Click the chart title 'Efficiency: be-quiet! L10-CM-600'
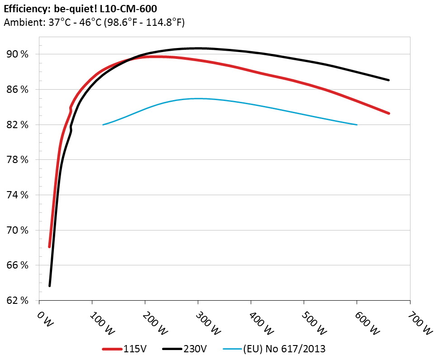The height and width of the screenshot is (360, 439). (x=81, y=8)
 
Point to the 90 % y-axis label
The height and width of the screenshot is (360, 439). (x=17, y=54)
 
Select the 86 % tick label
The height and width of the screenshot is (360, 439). (x=17, y=90)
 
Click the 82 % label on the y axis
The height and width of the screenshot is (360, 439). (x=17, y=125)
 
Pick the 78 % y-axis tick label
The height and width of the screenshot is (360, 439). (x=17, y=160)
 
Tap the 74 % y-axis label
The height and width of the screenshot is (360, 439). (x=17, y=195)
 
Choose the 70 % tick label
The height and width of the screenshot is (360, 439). (x=17, y=230)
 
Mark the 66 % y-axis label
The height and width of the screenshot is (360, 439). (x=17, y=266)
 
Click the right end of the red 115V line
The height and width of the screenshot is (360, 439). (x=388, y=113)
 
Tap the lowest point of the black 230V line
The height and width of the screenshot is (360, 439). (x=50, y=285)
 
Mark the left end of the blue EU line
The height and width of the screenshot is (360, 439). (x=103, y=125)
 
